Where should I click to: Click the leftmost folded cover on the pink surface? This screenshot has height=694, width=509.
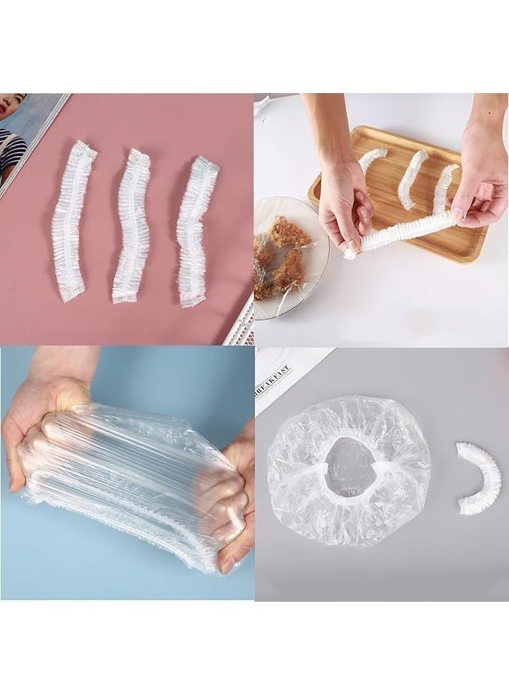pyautogui.click(x=73, y=221)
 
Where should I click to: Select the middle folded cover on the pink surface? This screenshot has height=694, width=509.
pyautogui.click(x=130, y=225)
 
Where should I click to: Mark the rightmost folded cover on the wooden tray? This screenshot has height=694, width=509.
pyautogui.click(x=445, y=188)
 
